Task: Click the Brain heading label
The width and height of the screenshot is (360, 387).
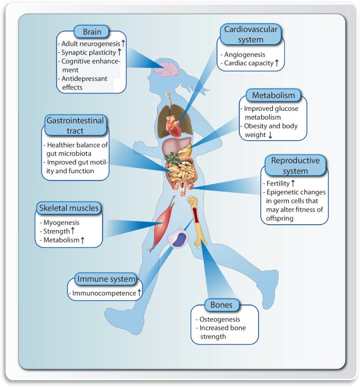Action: tap(91, 32)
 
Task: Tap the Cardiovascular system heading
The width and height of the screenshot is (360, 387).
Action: tap(251, 34)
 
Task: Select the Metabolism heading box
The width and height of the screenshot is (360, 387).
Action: tap(273, 95)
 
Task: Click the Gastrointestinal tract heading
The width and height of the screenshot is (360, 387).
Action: tap(75, 125)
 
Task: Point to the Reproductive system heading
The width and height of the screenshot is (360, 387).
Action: tap(295, 165)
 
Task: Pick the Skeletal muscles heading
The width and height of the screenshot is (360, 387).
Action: tap(69, 208)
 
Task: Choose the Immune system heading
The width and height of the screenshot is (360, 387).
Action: tap(106, 279)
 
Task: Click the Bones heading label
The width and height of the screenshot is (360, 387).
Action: tap(221, 305)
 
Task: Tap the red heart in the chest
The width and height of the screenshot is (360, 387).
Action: tap(174, 127)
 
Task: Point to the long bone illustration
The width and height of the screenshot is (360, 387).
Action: tap(197, 222)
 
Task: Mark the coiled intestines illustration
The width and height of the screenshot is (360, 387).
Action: tap(182, 173)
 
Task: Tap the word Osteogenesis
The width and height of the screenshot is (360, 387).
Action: tap(220, 319)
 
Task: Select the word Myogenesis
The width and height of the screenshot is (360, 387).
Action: tap(61, 223)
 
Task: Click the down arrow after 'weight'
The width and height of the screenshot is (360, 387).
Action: tap(270, 135)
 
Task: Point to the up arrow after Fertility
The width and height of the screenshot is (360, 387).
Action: tap(293, 183)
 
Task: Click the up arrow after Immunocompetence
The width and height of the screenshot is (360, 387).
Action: tap(139, 292)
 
